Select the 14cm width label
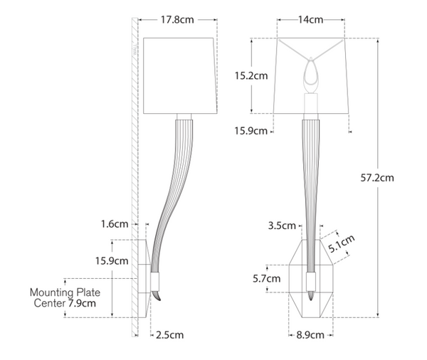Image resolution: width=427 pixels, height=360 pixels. pyautogui.click(x=310, y=20)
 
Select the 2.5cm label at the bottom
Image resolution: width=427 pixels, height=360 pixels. pyautogui.click(x=169, y=334)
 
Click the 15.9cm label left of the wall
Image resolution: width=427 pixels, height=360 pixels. pyautogui.click(x=111, y=260)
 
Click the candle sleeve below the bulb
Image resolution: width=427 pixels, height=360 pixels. pyautogui.click(x=311, y=103)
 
